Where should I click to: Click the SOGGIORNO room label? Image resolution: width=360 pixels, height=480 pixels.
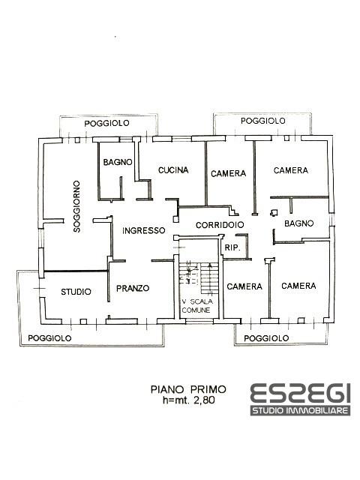coord(76,207)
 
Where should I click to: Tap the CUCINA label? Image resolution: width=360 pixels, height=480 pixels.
coord(173,170)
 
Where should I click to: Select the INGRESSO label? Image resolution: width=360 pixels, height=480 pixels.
coord(143,230)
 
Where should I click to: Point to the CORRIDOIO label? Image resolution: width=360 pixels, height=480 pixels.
coord(220,225)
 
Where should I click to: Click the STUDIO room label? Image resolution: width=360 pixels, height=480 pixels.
coord(76,292)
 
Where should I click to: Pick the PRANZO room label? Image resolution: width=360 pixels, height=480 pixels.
coord(133,288)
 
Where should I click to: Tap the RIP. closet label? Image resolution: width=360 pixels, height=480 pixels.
coord(232,247)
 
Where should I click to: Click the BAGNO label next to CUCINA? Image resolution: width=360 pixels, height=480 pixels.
coord(118,162)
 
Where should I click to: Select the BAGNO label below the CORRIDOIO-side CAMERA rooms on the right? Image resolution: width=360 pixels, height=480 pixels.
coord(298,223)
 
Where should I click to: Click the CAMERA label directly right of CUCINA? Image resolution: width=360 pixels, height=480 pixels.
coord(228,173)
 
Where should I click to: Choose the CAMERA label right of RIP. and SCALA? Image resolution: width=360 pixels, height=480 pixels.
coord(244,286)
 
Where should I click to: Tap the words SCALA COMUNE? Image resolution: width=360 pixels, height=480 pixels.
coord(196,306)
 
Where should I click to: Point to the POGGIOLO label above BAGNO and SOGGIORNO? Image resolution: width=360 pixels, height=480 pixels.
coord(106,123)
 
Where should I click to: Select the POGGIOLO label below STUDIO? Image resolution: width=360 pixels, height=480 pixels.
coord(49,338)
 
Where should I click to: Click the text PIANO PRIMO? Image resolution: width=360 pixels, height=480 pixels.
coord(188,389)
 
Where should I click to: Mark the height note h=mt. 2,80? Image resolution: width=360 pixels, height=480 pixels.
coord(189,400)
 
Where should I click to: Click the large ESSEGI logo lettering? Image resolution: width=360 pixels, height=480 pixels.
coord(300,393)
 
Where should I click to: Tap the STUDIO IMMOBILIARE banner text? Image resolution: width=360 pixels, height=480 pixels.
coord(300,410)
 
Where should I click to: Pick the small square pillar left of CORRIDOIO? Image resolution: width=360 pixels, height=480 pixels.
coord(175,219)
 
